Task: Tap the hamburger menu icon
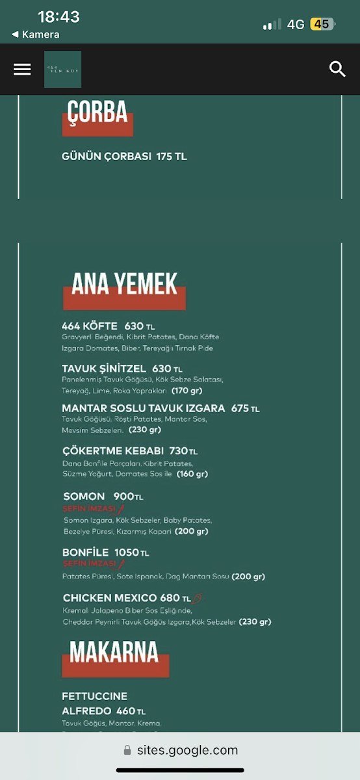(x=22, y=70)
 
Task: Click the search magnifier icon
(x=337, y=70)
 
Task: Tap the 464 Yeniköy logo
(x=62, y=70)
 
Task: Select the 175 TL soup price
(x=172, y=157)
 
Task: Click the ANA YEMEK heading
(x=124, y=286)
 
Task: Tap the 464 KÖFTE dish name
(x=90, y=326)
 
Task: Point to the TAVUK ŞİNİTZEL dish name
(x=104, y=369)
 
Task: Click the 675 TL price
(x=245, y=408)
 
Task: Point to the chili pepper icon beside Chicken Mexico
(x=197, y=599)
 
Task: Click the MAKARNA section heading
(x=114, y=653)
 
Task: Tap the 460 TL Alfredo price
(x=131, y=711)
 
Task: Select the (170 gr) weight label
(x=187, y=391)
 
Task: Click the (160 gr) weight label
(x=192, y=474)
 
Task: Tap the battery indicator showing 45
(x=322, y=24)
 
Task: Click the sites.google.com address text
(x=187, y=750)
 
